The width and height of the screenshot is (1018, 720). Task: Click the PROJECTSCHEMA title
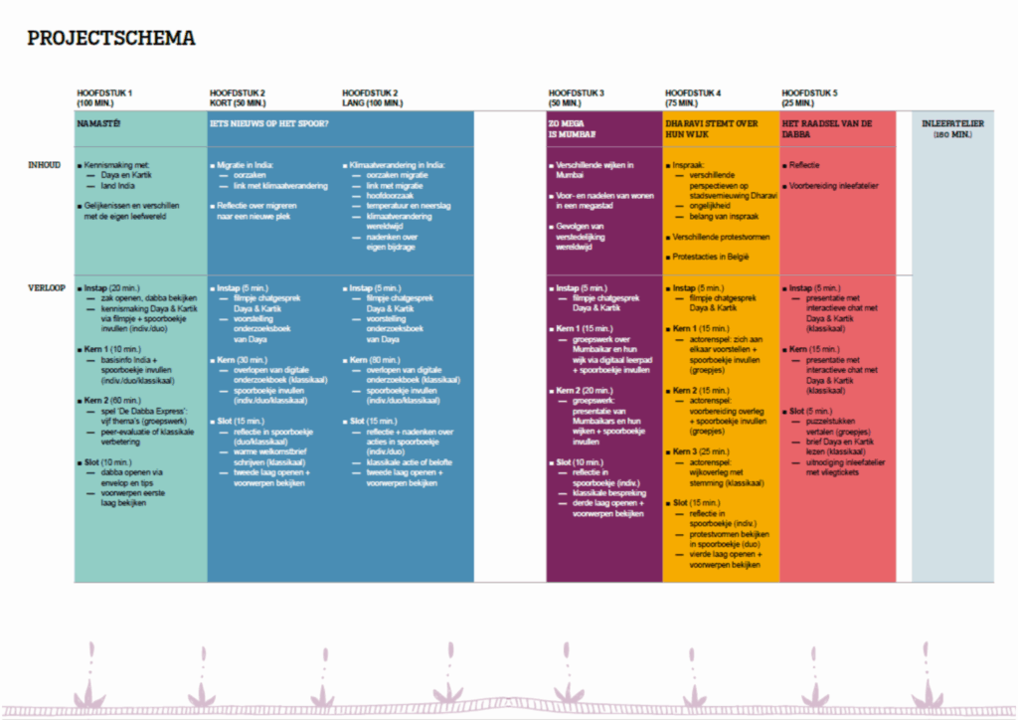click(x=111, y=39)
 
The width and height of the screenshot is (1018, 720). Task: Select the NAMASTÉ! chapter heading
click(x=99, y=123)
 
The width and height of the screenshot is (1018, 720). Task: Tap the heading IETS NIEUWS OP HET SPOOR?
click(x=268, y=123)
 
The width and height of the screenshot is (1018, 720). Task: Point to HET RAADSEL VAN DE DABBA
click(x=828, y=128)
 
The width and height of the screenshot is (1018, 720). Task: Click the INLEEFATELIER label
click(x=952, y=123)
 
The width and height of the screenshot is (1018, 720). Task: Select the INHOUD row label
click(x=45, y=164)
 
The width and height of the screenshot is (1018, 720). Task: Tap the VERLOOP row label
click(x=47, y=287)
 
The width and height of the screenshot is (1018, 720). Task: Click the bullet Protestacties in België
click(x=716, y=257)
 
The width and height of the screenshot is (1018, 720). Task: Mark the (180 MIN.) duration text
click(x=952, y=134)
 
